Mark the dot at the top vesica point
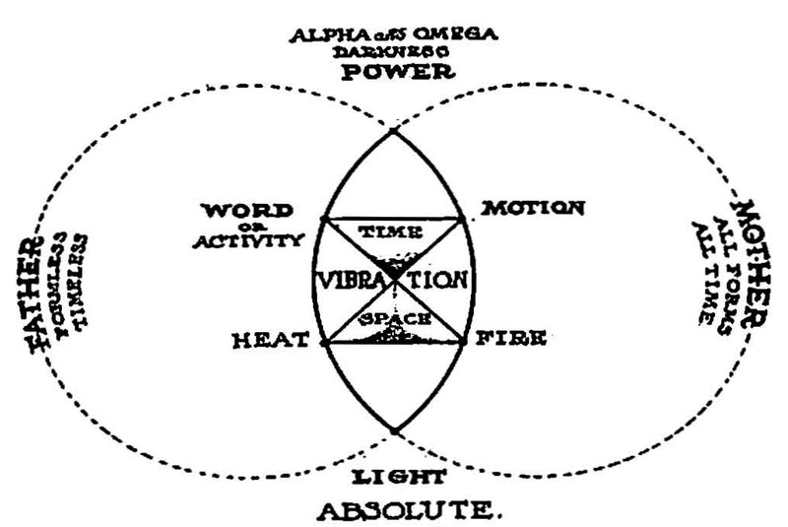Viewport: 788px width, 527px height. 393,129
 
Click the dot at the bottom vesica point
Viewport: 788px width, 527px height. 393,430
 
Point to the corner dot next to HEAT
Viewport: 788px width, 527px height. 323,342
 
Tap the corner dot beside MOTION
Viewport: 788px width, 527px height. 462,218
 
